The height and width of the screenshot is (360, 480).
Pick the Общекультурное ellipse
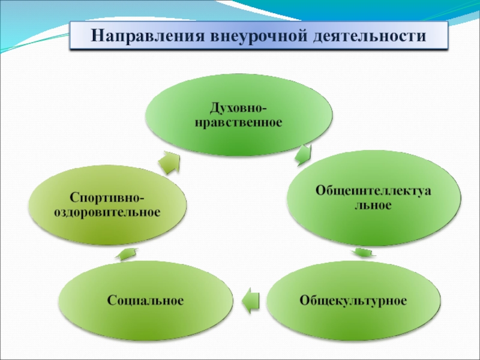[353, 299]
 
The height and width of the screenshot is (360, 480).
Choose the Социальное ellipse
[145, 299]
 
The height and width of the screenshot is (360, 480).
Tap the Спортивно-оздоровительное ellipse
[107, 205]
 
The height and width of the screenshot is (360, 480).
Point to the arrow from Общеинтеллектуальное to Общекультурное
[361, 251]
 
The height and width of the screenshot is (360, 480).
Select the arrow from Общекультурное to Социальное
[250, 299]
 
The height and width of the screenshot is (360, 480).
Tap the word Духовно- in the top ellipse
[239, 109]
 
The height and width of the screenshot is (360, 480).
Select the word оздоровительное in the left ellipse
[107, 212]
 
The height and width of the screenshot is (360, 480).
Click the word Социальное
[145, 299]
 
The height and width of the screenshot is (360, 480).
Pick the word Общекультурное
[353, 299]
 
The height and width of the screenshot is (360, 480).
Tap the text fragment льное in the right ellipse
[372, 205]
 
